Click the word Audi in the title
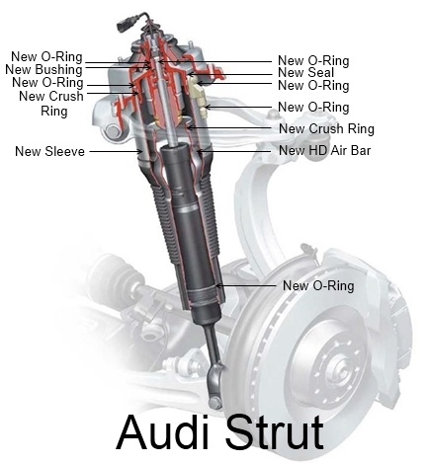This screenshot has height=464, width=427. tap(163, 432)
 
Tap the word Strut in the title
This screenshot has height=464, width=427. tap(275, 432)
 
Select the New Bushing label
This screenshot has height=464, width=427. tap(43, 69)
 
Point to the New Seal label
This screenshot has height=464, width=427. tap(306, 72)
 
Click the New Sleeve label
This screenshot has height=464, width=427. tap(49, 151)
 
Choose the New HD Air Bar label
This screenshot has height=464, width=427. tap(325, 150)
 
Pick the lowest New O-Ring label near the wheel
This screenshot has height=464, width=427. tap(318, 285)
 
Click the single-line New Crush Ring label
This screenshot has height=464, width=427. tap(326, 128)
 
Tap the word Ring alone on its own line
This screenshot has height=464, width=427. tap(54, 111)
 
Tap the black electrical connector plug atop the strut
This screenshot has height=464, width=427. tap(122, 27)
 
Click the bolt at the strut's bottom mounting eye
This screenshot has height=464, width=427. tap(215, 403)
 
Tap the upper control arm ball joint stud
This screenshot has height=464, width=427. tap(273, 115)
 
